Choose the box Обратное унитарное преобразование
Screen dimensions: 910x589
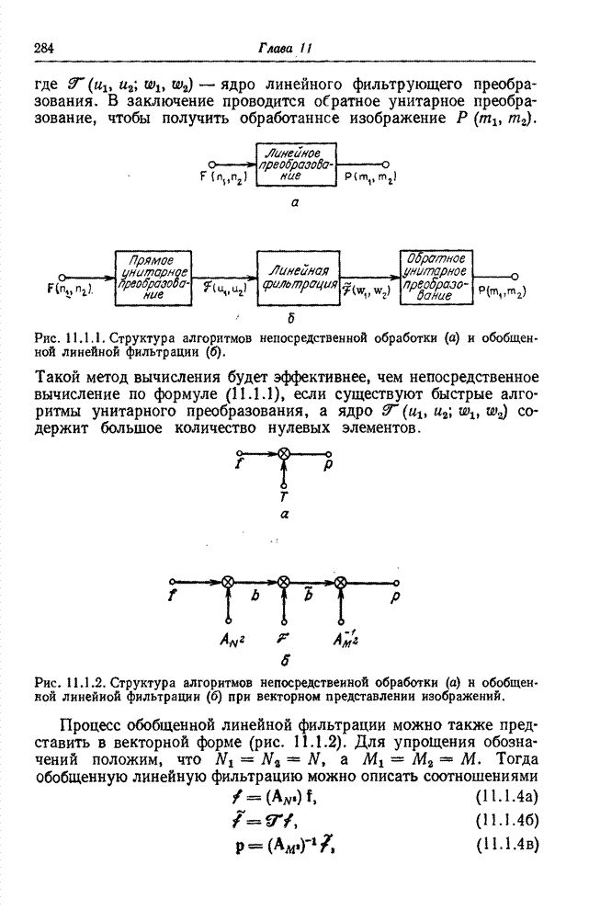(x=436, y=276)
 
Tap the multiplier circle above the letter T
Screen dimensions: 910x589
(x=284, y=454)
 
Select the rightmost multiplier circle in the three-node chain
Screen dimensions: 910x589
(x=341, y=581)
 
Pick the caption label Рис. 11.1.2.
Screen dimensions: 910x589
(x=70, y=683)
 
